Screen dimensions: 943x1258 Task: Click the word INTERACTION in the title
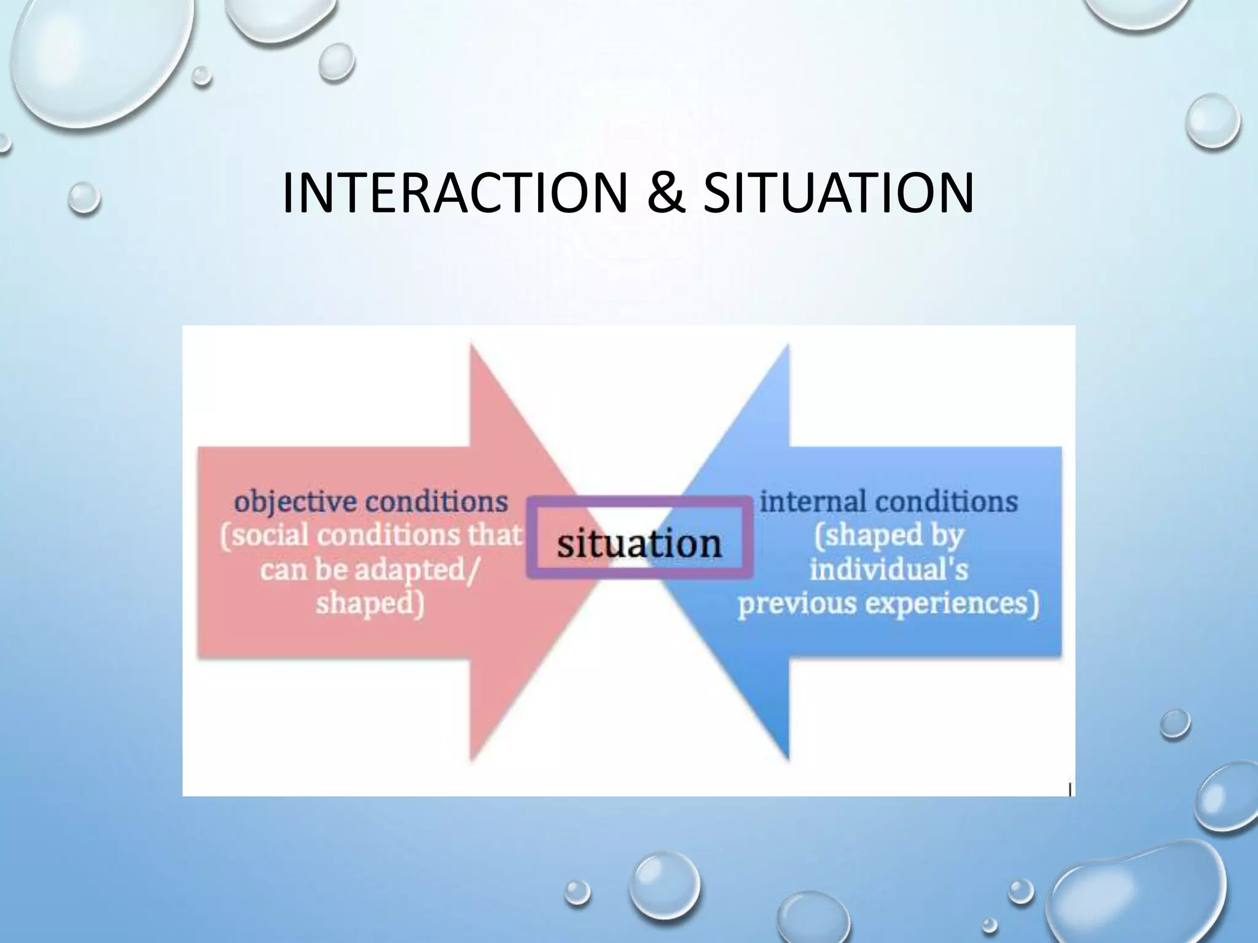pos(455,193)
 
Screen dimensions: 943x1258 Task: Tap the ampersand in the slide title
pos(665,193)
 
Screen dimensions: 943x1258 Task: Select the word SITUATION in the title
pos(838,193)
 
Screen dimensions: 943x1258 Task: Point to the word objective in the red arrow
pos(295,503)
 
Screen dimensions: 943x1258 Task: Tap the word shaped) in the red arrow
pos(370,603)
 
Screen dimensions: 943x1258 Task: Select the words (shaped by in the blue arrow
pos(889,535)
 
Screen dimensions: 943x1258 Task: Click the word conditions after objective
pos(436,503)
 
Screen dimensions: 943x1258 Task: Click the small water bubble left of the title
pos(84,198)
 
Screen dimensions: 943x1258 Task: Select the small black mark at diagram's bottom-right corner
pos(1071,790)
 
